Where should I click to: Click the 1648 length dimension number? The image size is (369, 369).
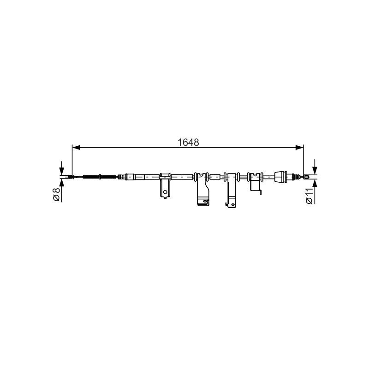click(x=188, y=142)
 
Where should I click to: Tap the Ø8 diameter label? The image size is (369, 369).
click(x=57, y=194)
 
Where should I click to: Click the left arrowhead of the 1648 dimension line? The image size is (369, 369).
click(x=76, y=148)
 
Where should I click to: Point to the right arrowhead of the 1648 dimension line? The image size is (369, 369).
click(x=299, y=148)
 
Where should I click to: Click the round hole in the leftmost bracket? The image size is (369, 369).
click(x=165, y=192)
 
